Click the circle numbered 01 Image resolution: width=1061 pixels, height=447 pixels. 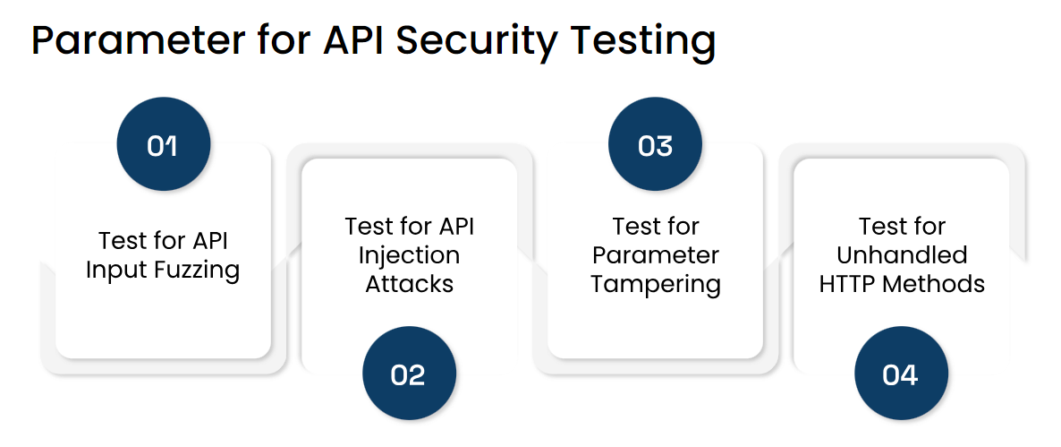click(x=163, y=145)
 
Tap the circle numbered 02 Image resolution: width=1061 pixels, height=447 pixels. click(x=408, y=374)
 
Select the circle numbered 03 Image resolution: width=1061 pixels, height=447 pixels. click(x=655, y=145)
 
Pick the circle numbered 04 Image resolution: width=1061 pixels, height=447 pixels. click(x=901, y=374)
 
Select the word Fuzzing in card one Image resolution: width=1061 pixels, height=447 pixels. click(x=198, y=271)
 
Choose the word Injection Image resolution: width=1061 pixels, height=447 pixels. click(x=409, y=255)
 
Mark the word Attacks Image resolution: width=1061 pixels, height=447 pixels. click(x=409, y=284)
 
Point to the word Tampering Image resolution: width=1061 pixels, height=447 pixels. click(x=656, y=284)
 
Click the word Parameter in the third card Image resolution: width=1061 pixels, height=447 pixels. click(x=656, y=255)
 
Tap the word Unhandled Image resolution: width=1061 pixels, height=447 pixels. click(x=902, y=255)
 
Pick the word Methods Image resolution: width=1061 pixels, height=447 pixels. click(x=935, y=284)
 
